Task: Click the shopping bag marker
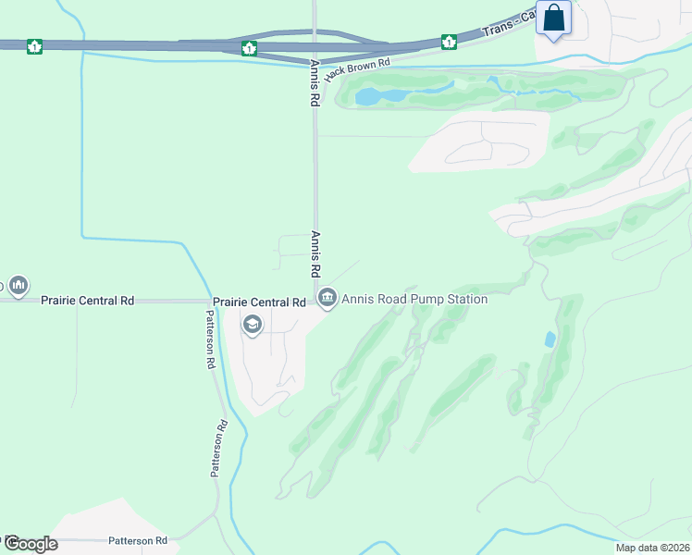pyautogui.click(x=553, y=18)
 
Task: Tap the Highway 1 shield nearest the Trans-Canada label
pyautogui.click(x=449, y=42)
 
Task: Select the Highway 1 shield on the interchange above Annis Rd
pyautogui.click(x=249, y=48)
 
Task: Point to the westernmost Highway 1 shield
pyautogui.click(x=34, y=45)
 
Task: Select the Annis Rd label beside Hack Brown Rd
pyautogui.click(x=315, y=84)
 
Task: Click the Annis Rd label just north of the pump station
pyautogui.click(x=315, y=254)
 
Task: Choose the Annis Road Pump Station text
pyautogui.click(x=414, y=299)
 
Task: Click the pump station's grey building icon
pyautogui.click(x=327, y=298)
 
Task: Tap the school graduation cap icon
pyautogui.click(x=252, y=325)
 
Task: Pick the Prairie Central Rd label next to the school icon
pyautogui.click(x=259, y=302)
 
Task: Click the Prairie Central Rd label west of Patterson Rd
pyautogui.click(x=88, y=301)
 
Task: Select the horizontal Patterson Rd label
pyautogui.click(x=137, y=540)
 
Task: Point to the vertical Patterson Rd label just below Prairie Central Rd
pyautogui.click(x=211, y=339)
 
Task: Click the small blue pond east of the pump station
pyautogui.click(x=550, y=339)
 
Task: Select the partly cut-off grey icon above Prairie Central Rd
pyautogui.click(x=19, y=284)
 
